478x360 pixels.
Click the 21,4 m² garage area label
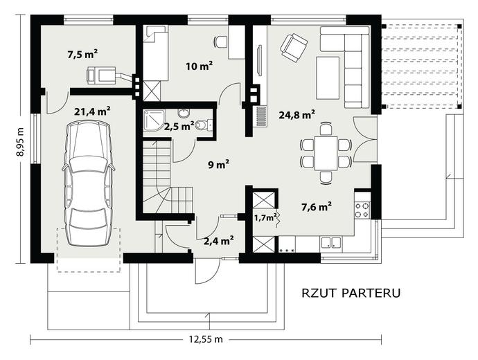[x=92, y=111]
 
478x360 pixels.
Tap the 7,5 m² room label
[x=82, y=55]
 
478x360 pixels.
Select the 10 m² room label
[x=199, y=66]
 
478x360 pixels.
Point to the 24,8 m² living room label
[x=297, y=115]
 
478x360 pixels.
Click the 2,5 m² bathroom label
[x=179, y=126]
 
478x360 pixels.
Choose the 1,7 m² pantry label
[x=265, y=217]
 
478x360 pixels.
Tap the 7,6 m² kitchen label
[x=317, y=207]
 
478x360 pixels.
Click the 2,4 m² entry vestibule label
[x=219, y=241]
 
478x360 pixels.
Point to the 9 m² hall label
[x=219, y=165]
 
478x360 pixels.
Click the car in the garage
[x=88, y=183]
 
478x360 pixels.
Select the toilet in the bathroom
[x=204, y=125]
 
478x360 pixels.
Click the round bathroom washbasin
[x=183, y=113]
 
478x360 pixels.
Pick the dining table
[x=326, y=153]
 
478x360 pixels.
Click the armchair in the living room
[x=294, y=48]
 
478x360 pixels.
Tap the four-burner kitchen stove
[x=362, y=210]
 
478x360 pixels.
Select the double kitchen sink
[x=331, y=242]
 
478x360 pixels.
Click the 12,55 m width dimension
[x=206, y=339]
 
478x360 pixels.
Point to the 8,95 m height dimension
[x=20, y=141]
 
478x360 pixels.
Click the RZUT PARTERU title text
[x=351, y=293]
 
